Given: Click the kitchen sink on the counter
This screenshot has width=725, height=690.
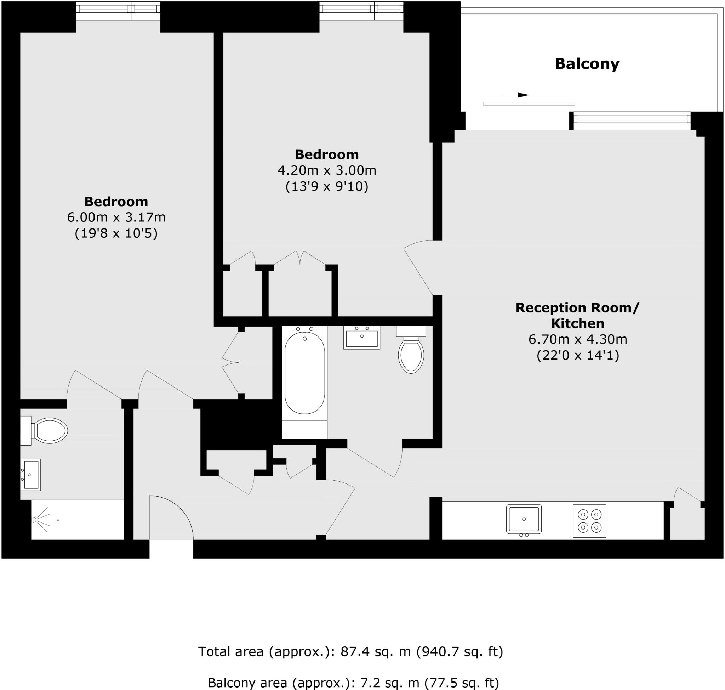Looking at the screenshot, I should click(524, 519).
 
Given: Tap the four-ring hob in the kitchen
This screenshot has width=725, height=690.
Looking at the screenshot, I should click(589, 521).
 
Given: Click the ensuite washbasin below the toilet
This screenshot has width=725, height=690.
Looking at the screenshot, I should click(30, 475).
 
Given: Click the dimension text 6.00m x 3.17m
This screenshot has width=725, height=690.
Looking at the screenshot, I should click(116, 217).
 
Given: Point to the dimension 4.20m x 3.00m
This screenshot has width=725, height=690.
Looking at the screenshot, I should click(326, 170).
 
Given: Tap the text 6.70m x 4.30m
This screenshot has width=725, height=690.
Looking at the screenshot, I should click(578, 339).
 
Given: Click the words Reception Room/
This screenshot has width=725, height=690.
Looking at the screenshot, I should click(577, 307).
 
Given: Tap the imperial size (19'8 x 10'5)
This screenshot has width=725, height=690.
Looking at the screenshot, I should click(116, 233).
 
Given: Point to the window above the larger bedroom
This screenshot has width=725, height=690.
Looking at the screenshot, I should click(118, 11).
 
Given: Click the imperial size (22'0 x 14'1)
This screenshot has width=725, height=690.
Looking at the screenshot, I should click(578, 355).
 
